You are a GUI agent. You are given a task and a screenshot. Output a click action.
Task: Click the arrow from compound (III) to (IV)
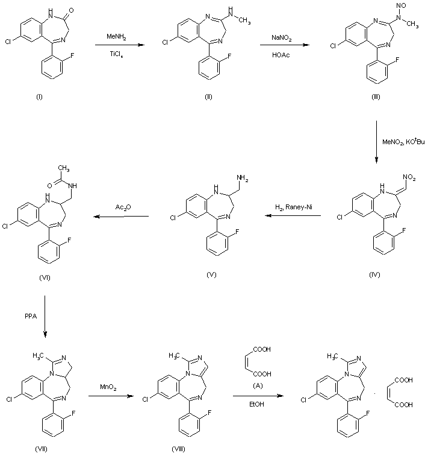coord(376,141)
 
